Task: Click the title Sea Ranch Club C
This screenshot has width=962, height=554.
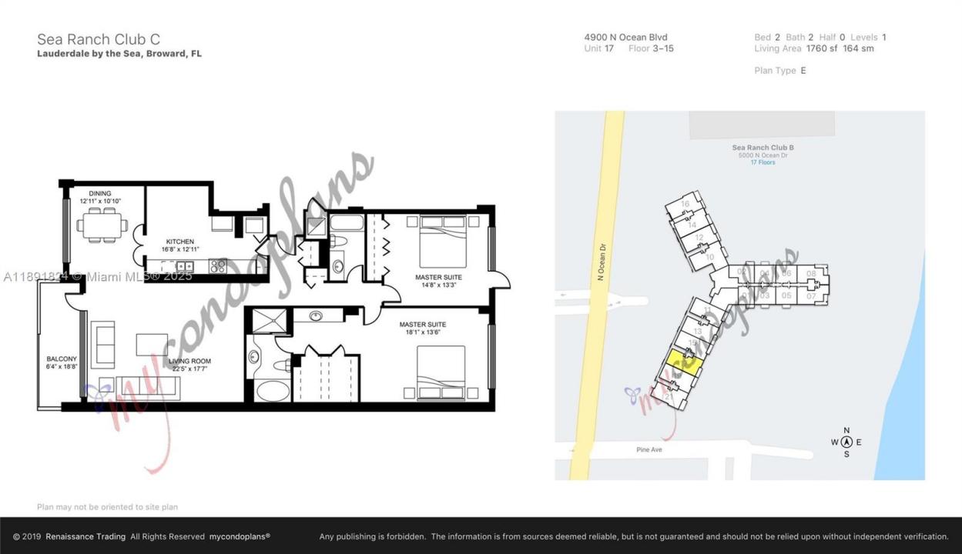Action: [99, 39]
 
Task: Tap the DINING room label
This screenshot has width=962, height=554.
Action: [100, 193]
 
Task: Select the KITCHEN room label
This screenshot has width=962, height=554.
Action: [180, 242]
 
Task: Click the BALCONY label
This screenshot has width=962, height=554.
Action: [62, 359]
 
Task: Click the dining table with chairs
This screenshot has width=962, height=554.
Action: [102, 224]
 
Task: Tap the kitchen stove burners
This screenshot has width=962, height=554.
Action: [218, 266]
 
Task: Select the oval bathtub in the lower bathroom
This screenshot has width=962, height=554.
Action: [273, 390]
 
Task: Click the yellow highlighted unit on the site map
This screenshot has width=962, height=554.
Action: [684, 362]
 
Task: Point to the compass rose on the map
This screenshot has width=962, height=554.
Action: [846, 442]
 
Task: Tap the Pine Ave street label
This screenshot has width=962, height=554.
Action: [649, 449]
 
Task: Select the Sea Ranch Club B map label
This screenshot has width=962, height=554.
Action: [763, 148]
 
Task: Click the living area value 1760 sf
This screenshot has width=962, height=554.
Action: [821, 48]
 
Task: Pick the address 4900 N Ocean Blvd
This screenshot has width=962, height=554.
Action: [625, 37]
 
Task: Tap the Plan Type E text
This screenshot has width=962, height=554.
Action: [780, 70]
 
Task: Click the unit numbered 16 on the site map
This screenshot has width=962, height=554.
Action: [684, 204]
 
